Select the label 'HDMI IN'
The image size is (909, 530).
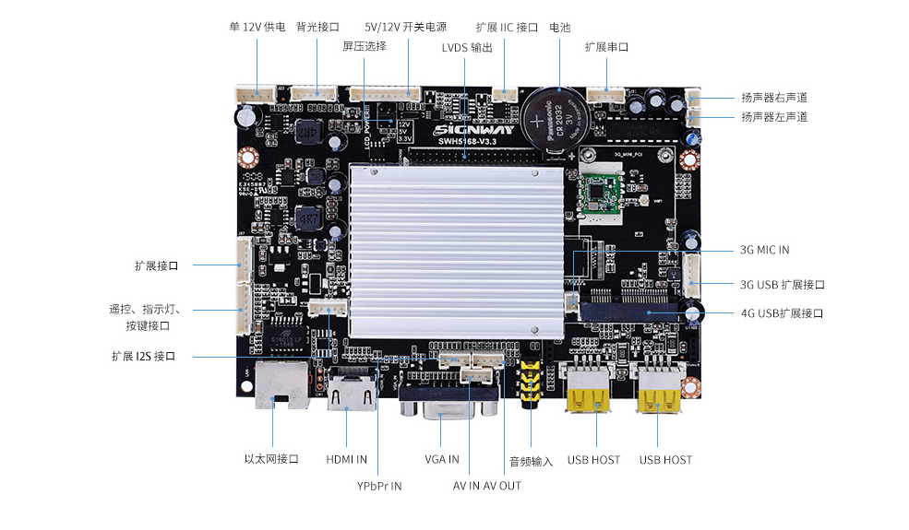347,459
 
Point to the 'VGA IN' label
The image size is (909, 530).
441,459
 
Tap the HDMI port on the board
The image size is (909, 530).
351,395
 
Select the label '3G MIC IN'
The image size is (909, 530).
764,250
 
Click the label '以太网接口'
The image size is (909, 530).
271,459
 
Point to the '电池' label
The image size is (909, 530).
559,28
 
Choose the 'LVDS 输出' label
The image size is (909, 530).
467,48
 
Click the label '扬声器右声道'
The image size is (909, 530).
773,97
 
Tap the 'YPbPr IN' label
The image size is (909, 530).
379,486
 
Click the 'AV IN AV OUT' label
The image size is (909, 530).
486,486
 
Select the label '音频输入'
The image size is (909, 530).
531,461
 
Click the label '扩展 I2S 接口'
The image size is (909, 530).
143,356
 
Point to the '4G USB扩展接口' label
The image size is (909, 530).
782,313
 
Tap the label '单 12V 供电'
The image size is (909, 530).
257,28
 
